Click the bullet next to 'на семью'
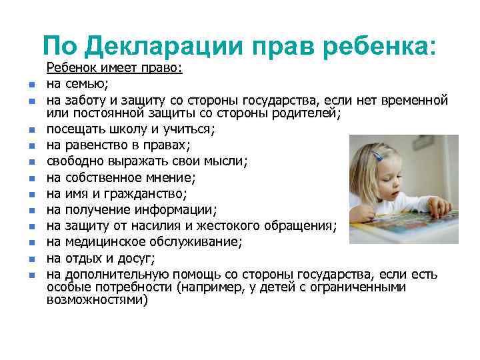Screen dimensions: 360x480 tap(31, 85)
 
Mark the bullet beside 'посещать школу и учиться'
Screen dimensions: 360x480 tap(31, 130)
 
